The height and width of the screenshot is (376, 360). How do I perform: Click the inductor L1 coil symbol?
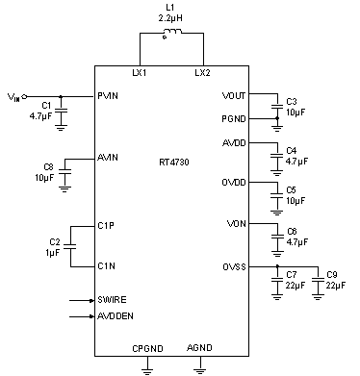tap(173, 37)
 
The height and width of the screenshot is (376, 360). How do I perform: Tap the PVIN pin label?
tap(109, 96)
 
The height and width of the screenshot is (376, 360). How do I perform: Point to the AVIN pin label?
tap(108, 157)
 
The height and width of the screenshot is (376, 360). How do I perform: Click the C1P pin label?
tap(106, 225)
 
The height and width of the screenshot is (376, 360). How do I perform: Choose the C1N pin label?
tap(106, 265)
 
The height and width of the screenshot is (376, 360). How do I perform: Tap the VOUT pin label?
tap(234, 96)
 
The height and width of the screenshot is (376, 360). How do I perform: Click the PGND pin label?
tap(234, 118)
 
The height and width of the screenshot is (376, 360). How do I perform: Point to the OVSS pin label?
tap(234, 265)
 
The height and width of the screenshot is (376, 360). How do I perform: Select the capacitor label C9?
tap(332, 275)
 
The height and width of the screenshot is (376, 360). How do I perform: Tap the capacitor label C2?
tap(54, 241)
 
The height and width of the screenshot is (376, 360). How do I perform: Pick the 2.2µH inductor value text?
tap(174, 18)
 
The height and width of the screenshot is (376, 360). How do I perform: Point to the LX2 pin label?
tap(201, 73)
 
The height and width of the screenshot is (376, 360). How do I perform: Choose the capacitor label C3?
tap(292, 102)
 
